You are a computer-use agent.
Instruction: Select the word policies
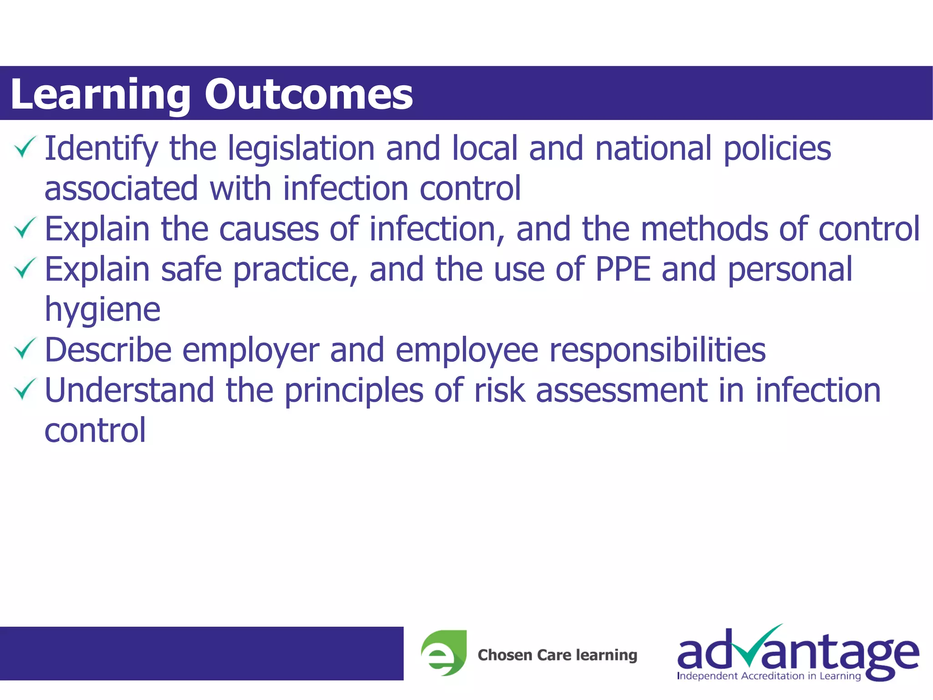click(x=777, y=149)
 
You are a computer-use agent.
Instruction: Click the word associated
click(x=121, y=188)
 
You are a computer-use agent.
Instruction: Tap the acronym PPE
click(x=623, y=268)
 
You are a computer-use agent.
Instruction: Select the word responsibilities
click(x=657, y=350)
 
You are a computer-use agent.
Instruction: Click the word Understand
click(x=129, y=390)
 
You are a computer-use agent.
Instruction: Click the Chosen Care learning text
click(x=557, y=655)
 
